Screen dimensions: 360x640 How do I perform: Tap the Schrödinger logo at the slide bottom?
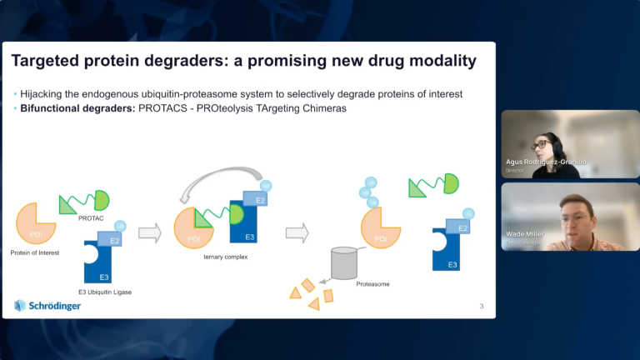coord(49,305)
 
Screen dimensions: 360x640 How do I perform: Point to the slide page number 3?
coord(481,306)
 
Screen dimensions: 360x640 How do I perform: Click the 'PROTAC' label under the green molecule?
coord(90,218)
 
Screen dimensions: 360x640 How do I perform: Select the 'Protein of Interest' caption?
coord(35,252)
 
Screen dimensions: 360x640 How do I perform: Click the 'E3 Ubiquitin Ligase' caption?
coord(104,291)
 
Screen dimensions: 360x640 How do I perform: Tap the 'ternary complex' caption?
coord(225,257)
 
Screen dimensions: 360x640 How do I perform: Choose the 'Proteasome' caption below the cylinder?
coord(372,284)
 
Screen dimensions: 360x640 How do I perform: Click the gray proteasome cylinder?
coord(349,262)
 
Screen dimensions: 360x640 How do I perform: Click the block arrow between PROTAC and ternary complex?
coord(150,232)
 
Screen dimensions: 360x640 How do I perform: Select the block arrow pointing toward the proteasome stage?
coord(297,232)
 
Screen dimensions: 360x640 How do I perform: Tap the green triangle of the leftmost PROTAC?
coord(69,203)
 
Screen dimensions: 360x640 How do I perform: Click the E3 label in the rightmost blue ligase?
coord(452,264)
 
